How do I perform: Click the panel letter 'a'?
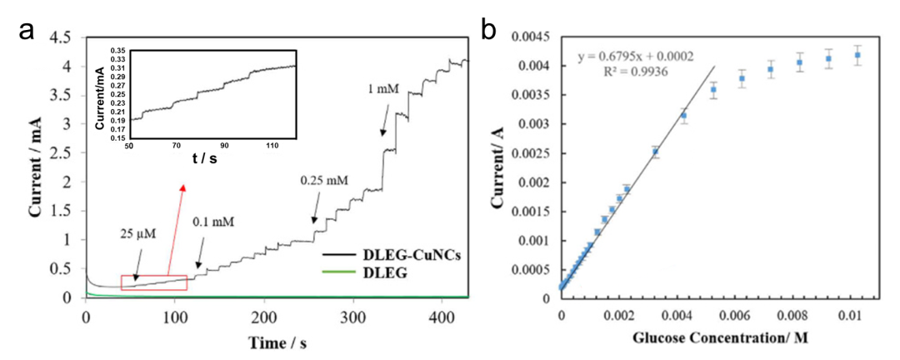coord(27,32)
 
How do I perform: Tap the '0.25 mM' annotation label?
coord(324,179)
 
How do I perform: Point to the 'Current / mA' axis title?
coord(37,162)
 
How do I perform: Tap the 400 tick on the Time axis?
coord(442,317)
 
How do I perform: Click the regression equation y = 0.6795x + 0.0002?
coord(646,59)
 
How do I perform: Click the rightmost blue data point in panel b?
coord(857,55)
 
